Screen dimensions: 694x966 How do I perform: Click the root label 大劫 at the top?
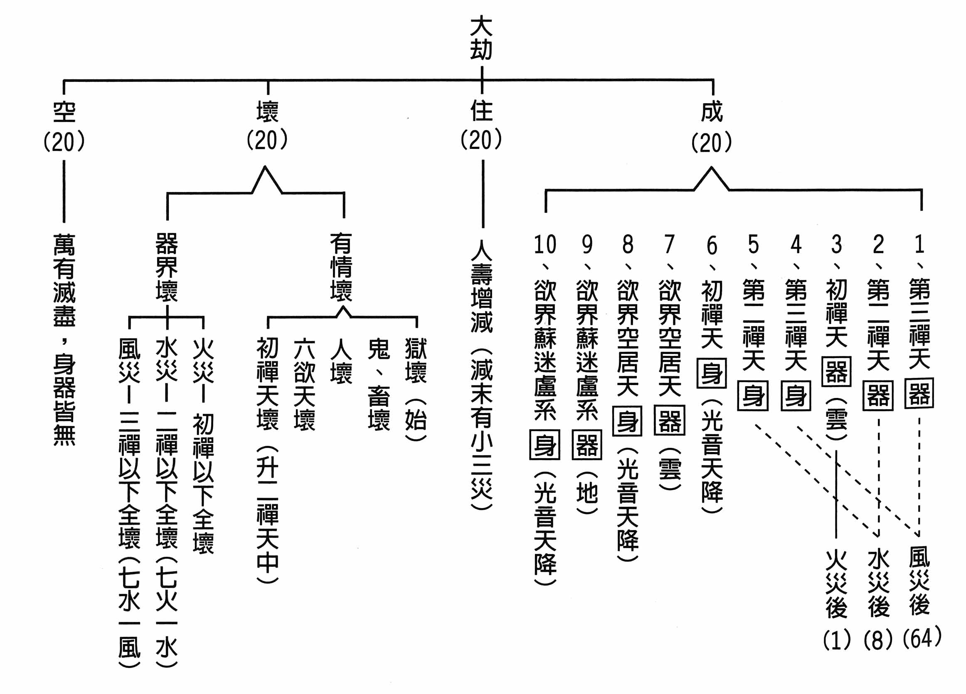coord(481,38)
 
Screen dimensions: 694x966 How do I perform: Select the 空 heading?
coord(64,112)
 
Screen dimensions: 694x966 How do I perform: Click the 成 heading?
coord(712,111)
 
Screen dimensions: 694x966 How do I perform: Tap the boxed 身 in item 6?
coord(712,373)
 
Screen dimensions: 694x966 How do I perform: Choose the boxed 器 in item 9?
coord(587,445)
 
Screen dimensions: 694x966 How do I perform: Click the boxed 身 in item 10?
coord(545,445)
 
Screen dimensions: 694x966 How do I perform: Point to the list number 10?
coord(545,245)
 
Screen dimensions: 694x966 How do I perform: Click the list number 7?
coord(670,245)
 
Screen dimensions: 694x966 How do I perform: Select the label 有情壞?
coord(341,267)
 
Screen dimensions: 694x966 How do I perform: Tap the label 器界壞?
coord(167,267)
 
